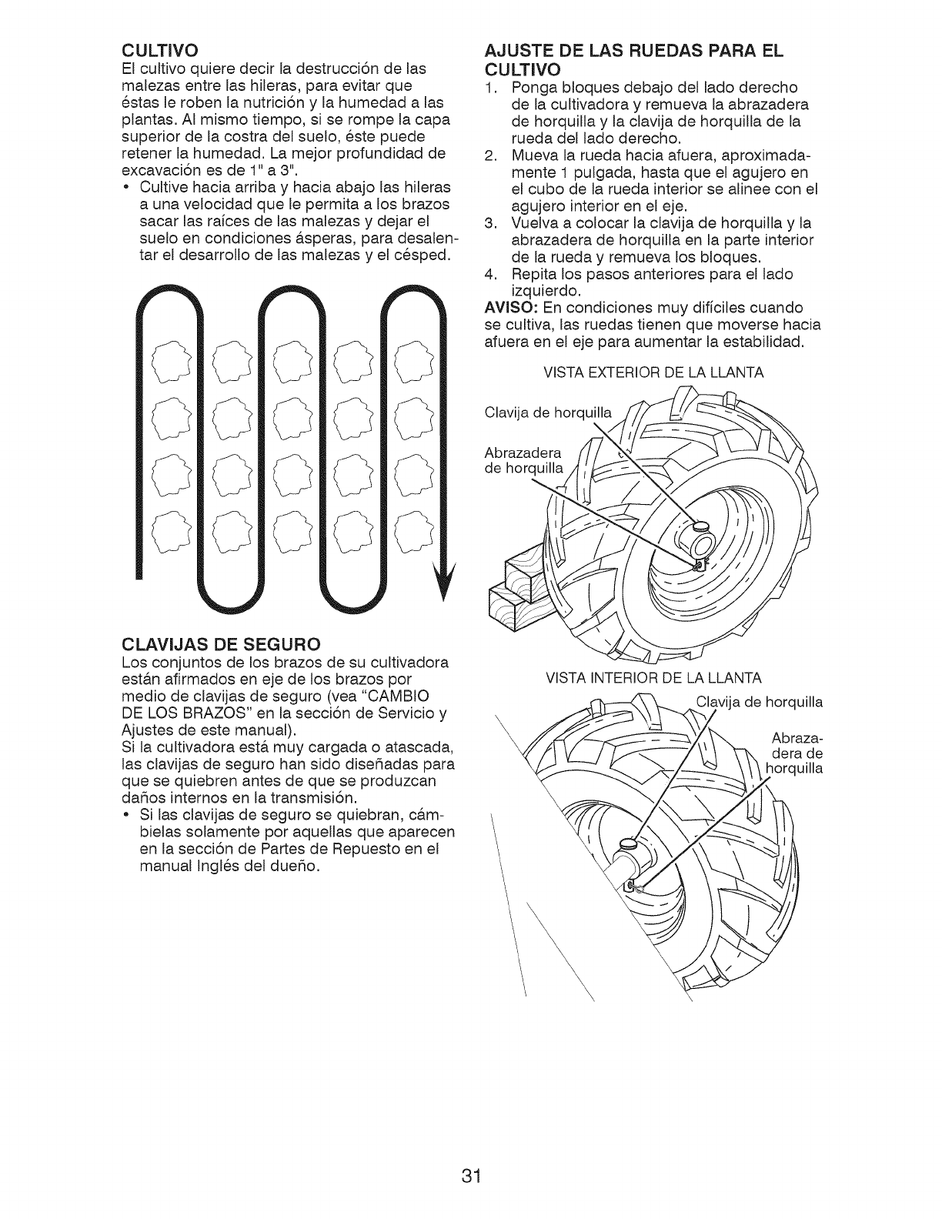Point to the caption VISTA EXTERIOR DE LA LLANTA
[x=653, y=373]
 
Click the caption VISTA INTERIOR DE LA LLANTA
[x=653, y=678]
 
